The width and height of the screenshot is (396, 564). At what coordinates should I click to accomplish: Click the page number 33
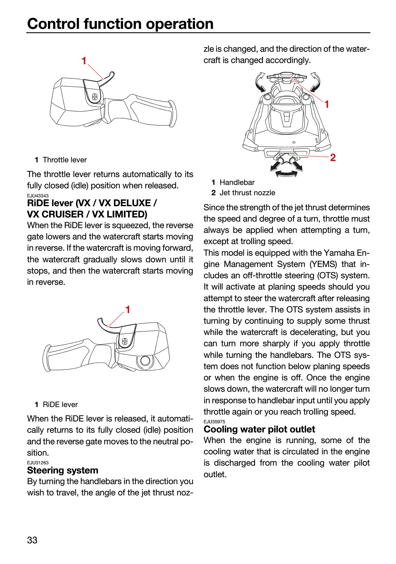32,540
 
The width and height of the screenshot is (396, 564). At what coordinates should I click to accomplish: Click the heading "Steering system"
63,470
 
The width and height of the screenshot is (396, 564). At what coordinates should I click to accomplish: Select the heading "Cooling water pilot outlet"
259,429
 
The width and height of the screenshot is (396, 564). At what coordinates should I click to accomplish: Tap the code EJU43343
38,196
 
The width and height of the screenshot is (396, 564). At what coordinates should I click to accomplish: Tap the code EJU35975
214,422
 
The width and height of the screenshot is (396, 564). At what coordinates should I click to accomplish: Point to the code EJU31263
38,463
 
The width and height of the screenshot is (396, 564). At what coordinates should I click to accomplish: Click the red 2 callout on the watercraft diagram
333,157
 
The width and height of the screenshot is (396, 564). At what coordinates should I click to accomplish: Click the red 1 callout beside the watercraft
327,104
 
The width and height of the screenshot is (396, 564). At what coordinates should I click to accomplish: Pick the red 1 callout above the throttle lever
84,61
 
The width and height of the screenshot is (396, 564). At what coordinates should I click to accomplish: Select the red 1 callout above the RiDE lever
127,310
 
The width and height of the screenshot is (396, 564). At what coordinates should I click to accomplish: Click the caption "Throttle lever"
65,160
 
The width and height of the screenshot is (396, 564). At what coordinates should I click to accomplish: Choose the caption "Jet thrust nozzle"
247,193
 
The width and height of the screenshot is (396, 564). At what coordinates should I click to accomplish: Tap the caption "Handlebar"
237,182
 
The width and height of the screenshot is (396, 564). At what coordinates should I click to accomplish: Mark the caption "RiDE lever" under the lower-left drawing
60,405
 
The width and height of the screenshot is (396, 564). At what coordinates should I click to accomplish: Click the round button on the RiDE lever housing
145,361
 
